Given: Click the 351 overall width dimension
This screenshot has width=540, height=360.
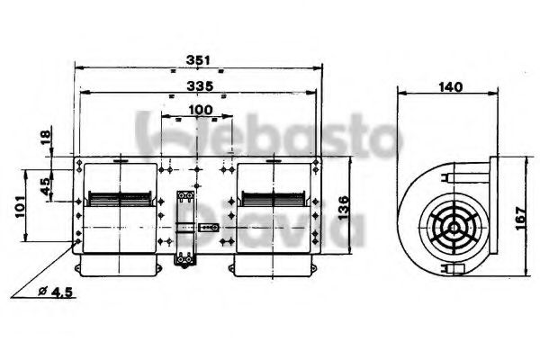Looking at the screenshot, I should pos(198,60).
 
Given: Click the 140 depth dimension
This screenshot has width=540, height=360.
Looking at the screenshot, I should pos(450,86).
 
